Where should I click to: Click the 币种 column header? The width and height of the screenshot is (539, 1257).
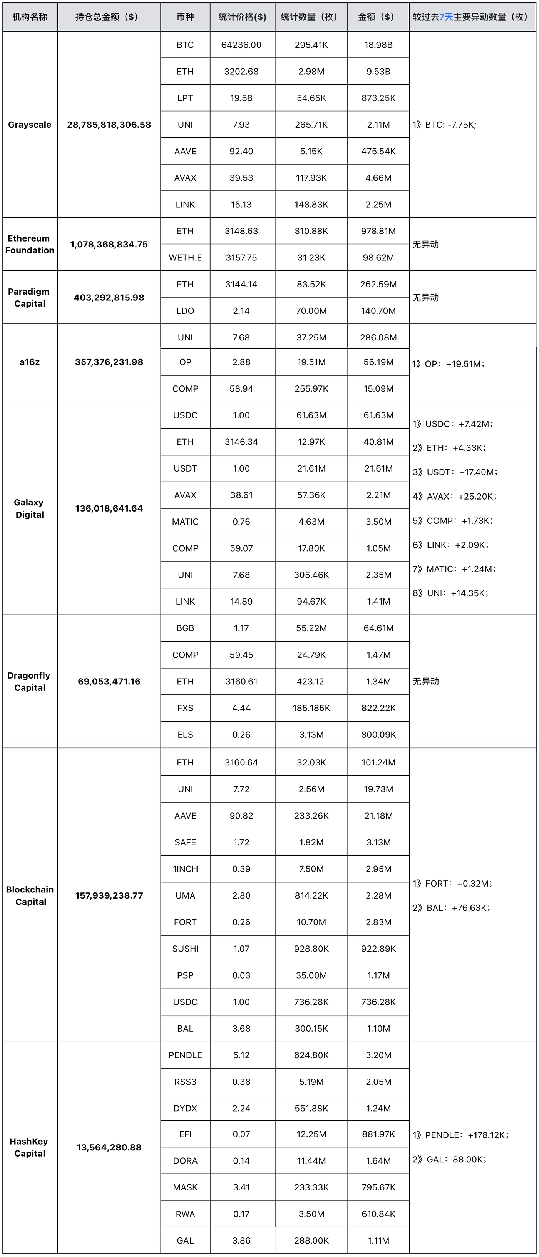pyautogui.click(x=185, y=17)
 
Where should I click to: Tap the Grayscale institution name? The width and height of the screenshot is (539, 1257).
pyautogui.click(x=30, y=125)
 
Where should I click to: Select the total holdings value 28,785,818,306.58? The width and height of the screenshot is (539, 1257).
pyautogui.click(x=109, y=125)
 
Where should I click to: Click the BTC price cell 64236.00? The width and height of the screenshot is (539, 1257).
pyautogui.click(x=241, y=45)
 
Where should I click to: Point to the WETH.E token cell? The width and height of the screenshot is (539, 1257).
pyautogui.click(x=185, y=258)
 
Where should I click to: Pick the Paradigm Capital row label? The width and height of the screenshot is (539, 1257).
pyautogui.click(x=29, y=298)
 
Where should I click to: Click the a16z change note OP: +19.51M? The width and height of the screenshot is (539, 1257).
pyautogui.click(x=448, y=364)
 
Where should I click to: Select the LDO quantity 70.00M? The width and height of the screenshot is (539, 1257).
pyautogui.click(x=311, y=311)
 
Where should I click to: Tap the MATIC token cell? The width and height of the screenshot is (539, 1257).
pyautogui.click(x=185, y=522)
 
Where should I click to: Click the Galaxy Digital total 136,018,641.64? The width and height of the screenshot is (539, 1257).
pyautogui.click(x=109, y=508)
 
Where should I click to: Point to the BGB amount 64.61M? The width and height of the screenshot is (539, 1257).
pyautogui.click(x=378, y=628)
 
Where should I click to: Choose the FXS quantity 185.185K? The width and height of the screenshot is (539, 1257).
pyautogui.click(x=311, y=708)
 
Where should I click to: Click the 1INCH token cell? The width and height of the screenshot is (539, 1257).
pyautogui.click(x=185, y=869)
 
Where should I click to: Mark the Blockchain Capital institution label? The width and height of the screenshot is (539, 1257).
pyautogui.click(x=30, y=895)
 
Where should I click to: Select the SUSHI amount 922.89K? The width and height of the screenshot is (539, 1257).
pyautogui.click(x=378, y=949)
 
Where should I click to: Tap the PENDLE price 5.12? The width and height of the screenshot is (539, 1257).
pyautogui.click(x=241, y=1055)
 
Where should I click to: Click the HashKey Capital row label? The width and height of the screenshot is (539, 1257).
pyautogui.click(x=30, y=1147)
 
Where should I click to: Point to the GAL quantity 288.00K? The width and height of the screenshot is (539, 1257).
pyautogui.click(x=311, y=1240)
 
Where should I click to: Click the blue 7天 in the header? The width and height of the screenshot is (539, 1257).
pyautogui.click(x=446, y=17)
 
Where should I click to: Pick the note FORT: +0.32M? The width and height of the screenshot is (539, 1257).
pyautogui.click(x=452, y=884)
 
